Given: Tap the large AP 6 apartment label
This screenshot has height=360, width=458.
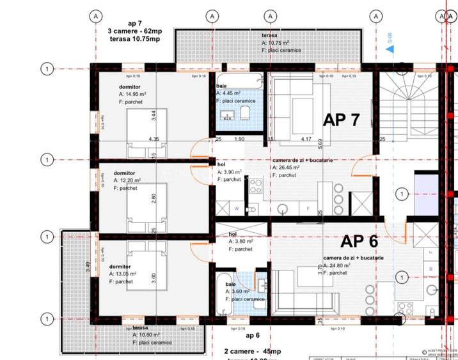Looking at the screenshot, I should tap(359, 241).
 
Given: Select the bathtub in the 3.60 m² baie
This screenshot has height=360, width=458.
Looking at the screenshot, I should tap(225, 293).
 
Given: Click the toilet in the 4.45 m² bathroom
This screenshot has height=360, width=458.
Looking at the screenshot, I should tap(244, 114).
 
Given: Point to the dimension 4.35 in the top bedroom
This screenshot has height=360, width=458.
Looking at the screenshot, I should tap(154, 139).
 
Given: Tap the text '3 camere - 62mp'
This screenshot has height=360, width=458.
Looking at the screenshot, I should tap(134, 31).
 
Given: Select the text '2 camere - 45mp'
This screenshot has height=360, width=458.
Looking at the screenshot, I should tap(252, 352).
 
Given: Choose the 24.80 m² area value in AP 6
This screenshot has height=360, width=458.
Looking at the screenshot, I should tap(340, 265).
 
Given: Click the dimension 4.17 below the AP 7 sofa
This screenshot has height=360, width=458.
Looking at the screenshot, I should tap(306, 139).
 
